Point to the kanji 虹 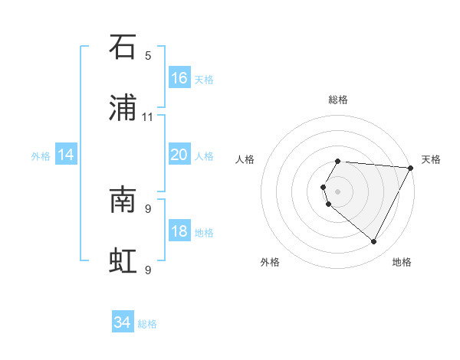[123, 261]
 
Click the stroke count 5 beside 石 [148, 55]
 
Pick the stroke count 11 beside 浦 [148, 116]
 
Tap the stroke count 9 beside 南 [148, 208]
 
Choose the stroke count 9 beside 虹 [148, 270]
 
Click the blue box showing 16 [179, 78]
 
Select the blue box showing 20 [179, 155]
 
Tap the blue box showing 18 [179, 231]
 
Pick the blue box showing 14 [66, 155]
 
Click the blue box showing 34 [123, 323]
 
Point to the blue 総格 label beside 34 [147, 324]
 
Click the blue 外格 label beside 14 [41, 155]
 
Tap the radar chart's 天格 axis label [431, 159]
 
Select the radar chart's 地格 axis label [402, 262]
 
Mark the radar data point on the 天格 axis [411, 168]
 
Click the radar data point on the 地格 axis [374, 242]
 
